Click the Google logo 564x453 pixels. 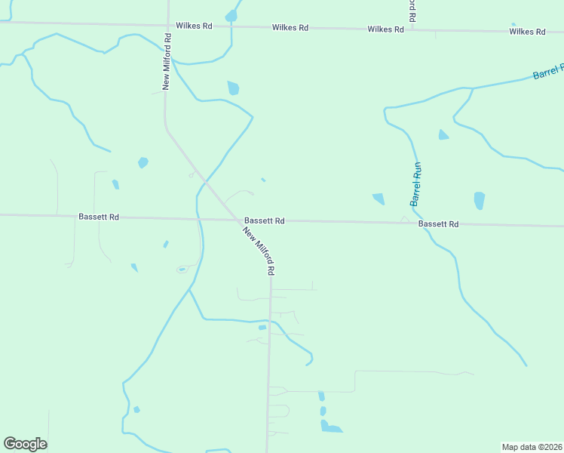[x=25, y=444]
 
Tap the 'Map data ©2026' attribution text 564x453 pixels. [x=532, y=447]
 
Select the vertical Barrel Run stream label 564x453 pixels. [x=415, y=185]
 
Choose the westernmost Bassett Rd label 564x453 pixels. [x=99, y=217]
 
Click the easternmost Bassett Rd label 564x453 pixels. [x=439, y=224]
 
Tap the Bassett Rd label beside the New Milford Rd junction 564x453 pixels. [x=264, y=220]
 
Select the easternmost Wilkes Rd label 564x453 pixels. [x=527, y=32]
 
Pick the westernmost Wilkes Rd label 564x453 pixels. [x=195, y=26]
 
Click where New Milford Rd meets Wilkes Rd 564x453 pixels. [x=167, y=25]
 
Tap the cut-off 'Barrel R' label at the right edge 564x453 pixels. [x=548, y=72]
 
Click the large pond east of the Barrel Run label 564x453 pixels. [x=479, y=201]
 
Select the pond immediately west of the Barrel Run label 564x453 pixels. [x=379, y=199]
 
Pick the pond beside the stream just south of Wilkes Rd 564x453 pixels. [x=233, y=88]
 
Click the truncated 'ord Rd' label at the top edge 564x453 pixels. [x=412, y=9]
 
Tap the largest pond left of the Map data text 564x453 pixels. [x=331, y=428]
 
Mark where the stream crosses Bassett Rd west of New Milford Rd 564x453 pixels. [x=198, y=219]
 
